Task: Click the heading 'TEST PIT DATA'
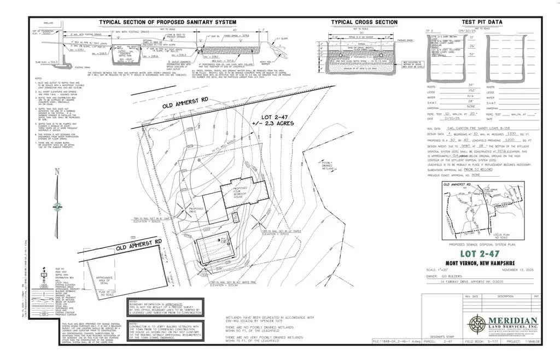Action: click(x=483, y=22)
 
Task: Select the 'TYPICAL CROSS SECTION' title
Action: click(x=364, y=22)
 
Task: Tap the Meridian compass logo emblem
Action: click(x=477, y=323)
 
